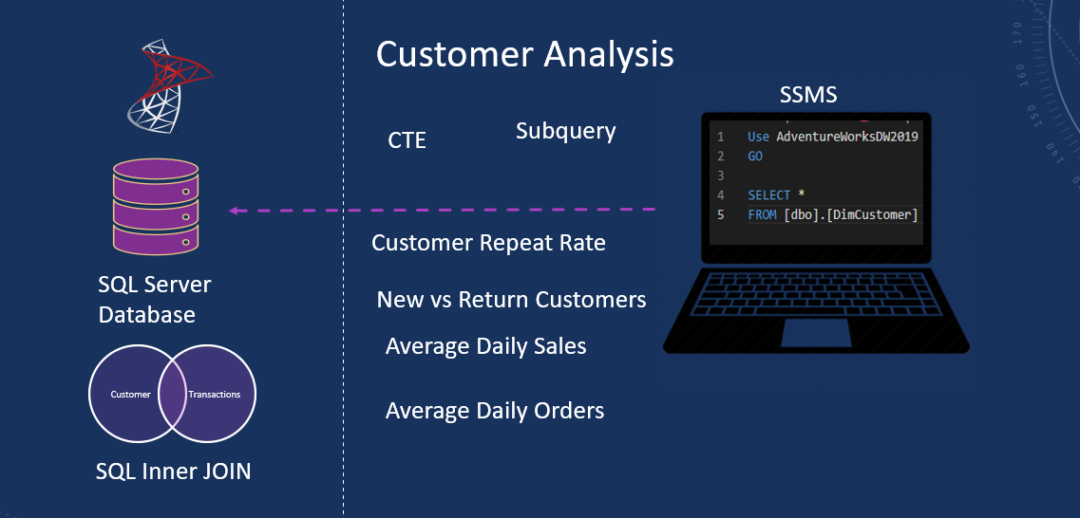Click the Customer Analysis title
[x=524, y=54]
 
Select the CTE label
[x=407, y=140]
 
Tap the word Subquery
[x=565, y=131]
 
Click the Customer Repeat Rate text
[x=488, y=243]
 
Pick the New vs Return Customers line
[x=511, y=300]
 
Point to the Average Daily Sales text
[x=485, y=346]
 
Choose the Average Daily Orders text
[x=494, y=411]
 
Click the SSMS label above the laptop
[x=807, y=95]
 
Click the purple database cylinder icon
[x=156, y=207]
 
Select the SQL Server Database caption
[x=154, y=299]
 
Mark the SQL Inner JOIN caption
[x=173, y=471]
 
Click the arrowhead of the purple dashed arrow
[x=234, y=210]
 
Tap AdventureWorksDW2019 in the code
[x=846, y=137]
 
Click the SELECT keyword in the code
[x=769, y=195]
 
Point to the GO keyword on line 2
[x=755, y=157]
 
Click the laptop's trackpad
[x=816, y=332]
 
